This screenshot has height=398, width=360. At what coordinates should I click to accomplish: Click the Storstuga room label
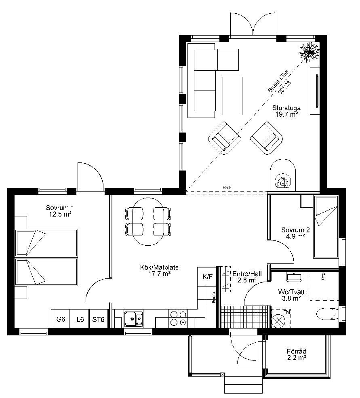tap(286, 108)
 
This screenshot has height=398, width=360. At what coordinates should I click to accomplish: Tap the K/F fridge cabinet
tap(207, 277)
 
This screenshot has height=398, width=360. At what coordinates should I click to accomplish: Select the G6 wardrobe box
tap(61, 319)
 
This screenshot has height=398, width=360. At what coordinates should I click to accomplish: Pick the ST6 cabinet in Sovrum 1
tap(99, 319)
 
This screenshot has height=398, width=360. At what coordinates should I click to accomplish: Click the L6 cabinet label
tap(80, 319)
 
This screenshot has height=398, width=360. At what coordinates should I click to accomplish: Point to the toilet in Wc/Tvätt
tap(328, 314)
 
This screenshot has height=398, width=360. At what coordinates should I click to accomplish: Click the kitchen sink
tap(134, 318)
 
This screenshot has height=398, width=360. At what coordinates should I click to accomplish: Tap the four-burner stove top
tap(178, 318)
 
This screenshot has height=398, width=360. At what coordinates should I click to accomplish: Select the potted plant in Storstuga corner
tap(309, 52)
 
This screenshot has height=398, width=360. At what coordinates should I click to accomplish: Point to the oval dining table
tap(148, 221)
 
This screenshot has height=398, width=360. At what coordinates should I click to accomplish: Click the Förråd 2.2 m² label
tap(297, 355)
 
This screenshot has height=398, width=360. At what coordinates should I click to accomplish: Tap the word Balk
tap(227, 187)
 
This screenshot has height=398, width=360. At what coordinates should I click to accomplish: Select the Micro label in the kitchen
tap(214, 297)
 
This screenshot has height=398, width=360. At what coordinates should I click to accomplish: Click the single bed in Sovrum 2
tap(326, 227)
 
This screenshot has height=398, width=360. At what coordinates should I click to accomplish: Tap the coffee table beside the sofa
tap(232, 96)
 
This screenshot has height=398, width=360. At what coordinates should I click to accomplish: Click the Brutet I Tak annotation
tap(278, 81)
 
